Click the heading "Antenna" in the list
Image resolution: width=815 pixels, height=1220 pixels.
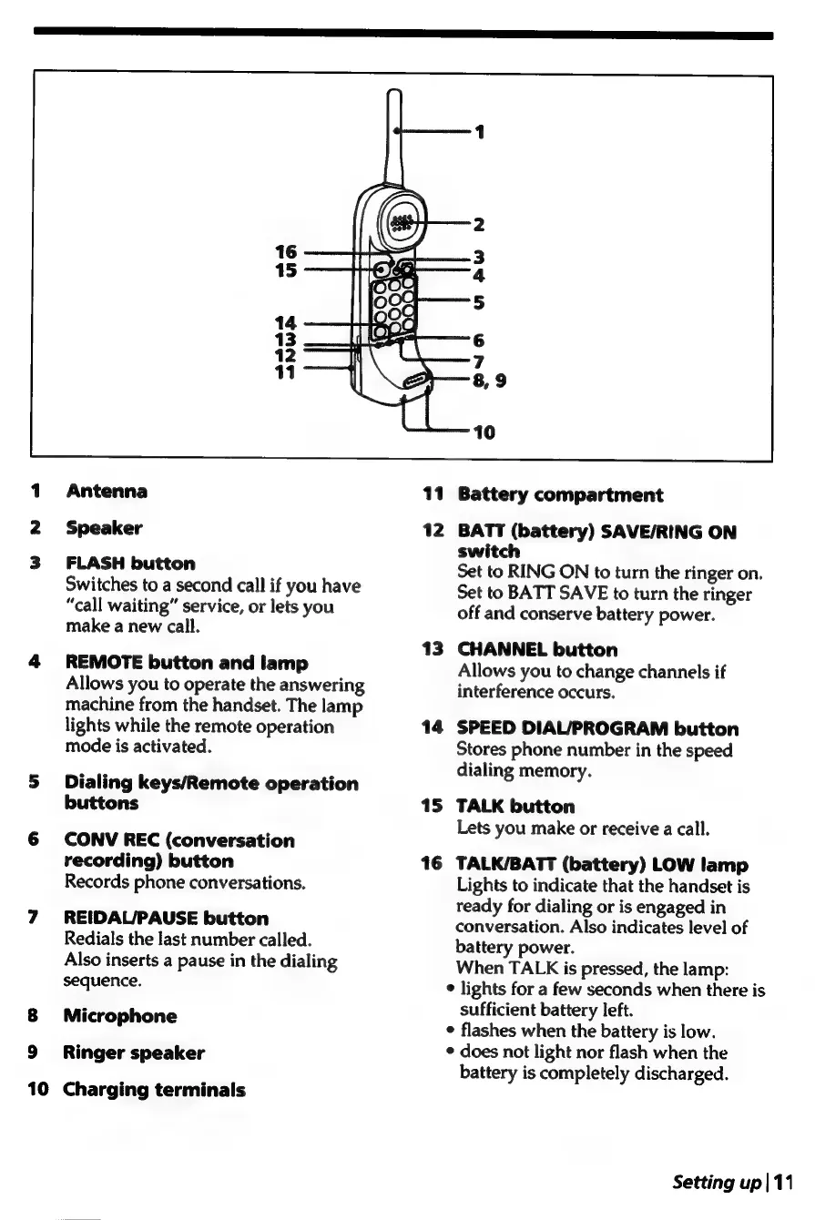tap(107, 492)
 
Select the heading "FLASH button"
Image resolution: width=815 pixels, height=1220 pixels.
tap(130, 564)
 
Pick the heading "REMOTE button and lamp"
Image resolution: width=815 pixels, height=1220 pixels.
tap(187, 664)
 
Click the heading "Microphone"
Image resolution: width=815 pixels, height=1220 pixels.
tap(121, 1016)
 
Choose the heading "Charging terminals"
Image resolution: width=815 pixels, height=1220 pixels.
tap(156, 1090)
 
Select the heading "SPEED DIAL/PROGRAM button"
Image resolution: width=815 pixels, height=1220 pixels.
tap(597, 729)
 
